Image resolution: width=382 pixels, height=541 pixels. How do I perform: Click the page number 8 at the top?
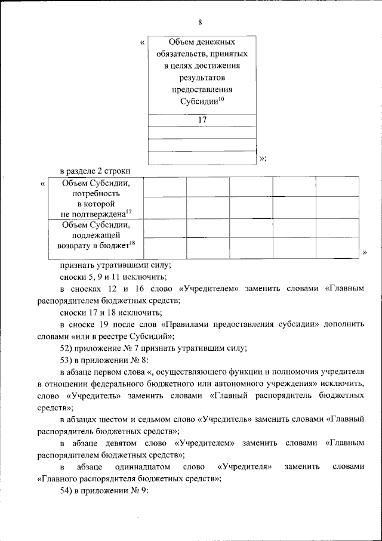pyautogui.click(x=201, y=23)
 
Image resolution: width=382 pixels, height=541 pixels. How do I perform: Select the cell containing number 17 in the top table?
pyautogui.click(x=202, y=120)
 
